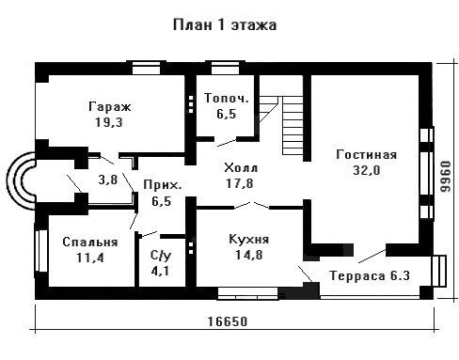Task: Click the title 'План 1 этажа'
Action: click(225, 24)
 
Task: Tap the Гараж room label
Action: click(109, 107)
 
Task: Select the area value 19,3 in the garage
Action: click(109, 122)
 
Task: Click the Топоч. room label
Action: click(227, 98)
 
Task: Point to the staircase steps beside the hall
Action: click(293, 125)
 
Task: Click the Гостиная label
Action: click(367, 155)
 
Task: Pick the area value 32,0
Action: click(367, 170)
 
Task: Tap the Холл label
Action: click(241, 168)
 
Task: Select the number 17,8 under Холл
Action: click(240, 183)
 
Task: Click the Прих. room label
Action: click(163, 185)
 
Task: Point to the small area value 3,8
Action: click(108, 180)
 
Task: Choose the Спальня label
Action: click(90, 243)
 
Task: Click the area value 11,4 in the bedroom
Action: click(90, 258)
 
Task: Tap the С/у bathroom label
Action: click(161, 256)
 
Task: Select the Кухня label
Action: click(249, 240)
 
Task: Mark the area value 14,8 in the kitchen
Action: click(249, 255)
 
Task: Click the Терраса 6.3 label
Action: click(370, 275)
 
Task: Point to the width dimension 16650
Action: click(228, 321)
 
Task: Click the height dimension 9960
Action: click(445, 177)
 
